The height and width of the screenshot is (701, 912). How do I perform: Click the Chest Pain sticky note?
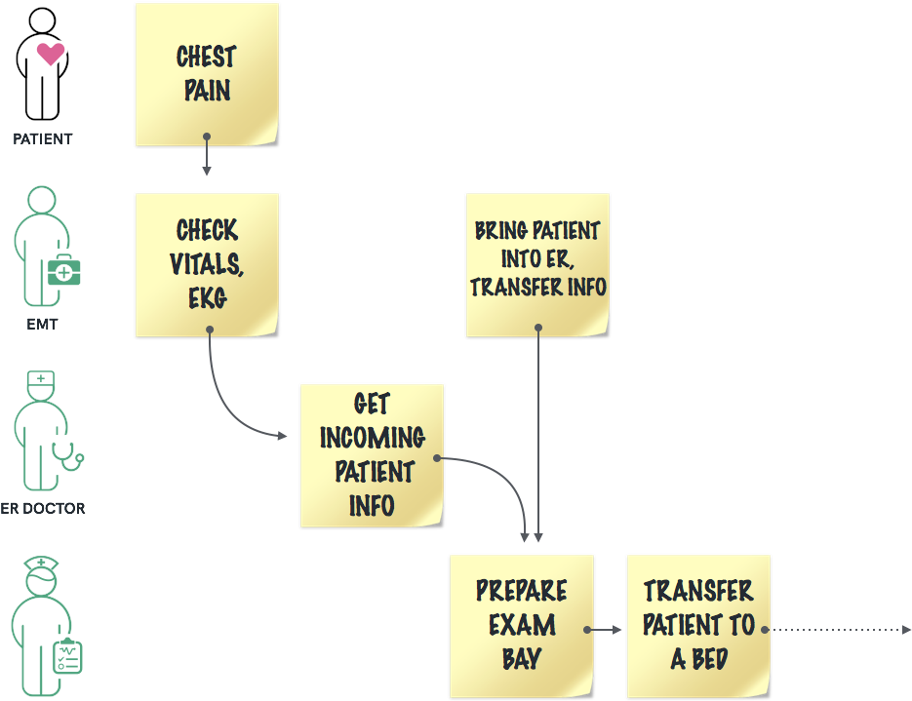[x=207, y=74]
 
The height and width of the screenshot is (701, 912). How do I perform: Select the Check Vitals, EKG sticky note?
[x=207, y=264]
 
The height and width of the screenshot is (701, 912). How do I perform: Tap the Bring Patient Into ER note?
[x=537, y=264]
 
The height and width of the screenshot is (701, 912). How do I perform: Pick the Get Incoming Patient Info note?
[x=372, y=455]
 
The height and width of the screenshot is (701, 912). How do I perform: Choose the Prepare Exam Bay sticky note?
[x=521, y=626]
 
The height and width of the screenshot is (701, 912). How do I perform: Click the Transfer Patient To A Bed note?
[x=698, y=626]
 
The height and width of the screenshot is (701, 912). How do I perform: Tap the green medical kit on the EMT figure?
[x=65, y=268]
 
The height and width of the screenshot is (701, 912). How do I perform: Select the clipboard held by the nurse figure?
[x=68, y=658]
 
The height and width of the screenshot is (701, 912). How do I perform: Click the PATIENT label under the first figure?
[x=43, y=138]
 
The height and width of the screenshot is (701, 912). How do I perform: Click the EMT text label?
[x=43, y=324]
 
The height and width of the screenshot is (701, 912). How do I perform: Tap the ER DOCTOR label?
[x=43, y=508]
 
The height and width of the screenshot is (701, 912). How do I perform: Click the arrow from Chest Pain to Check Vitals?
[x=207, y=156]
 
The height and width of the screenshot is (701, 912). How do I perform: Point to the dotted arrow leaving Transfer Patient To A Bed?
[x=839, y=630]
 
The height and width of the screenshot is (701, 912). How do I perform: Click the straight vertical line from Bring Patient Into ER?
[x=538, y=439]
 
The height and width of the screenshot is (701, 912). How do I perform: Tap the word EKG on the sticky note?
[x=207, y=297]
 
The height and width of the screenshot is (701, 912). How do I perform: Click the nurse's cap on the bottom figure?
[x=43, y=563]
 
